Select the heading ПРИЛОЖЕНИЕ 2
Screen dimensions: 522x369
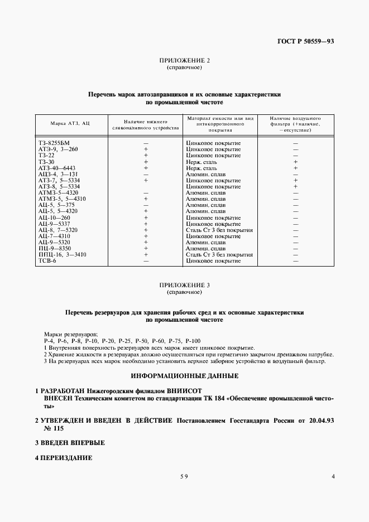(x=184, y=61)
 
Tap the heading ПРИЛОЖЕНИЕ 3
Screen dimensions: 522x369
(x=184, y=285)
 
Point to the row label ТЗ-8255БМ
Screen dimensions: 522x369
(x=55, y=143)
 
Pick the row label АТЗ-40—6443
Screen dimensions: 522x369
(x=57, y=168)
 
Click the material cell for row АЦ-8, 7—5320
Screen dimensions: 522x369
(x=219, y=230)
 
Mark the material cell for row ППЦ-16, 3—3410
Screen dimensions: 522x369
(x=219, y=254)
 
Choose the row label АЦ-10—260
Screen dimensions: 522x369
(x=55, y=217)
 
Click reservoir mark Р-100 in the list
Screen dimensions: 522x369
(x=193, y=340)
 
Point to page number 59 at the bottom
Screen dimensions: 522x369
(x=184, y=476)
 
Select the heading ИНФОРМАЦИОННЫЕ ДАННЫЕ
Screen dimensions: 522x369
(x=184, y=375)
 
